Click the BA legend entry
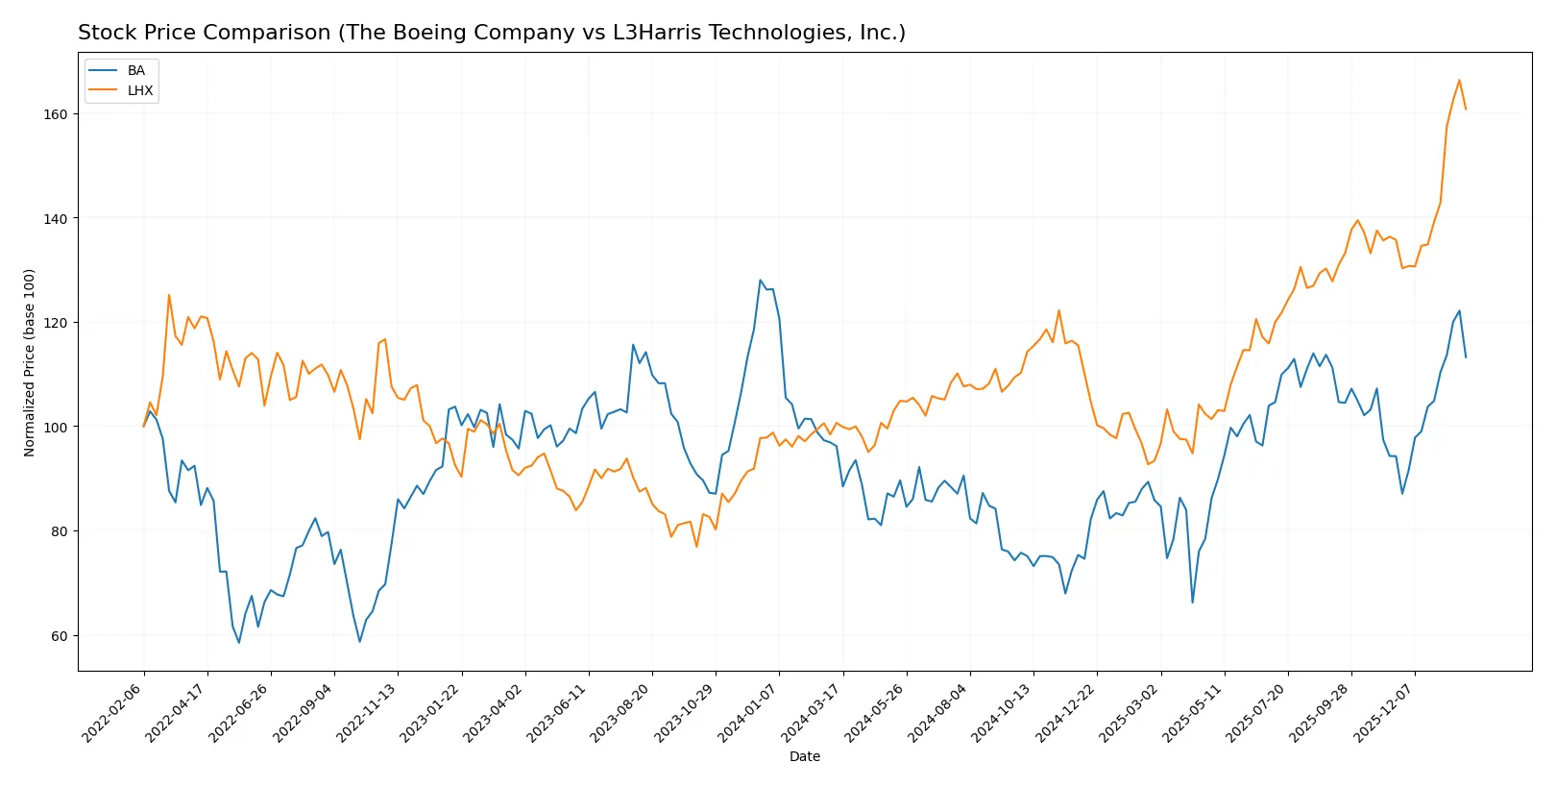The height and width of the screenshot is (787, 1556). pos(135,71)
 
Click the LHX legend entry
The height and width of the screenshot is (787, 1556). pos(139,90)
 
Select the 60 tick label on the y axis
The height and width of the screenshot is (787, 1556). pos(60,636)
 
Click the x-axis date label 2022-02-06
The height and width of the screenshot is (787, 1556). pos(113,712)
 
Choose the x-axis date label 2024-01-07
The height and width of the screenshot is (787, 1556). pos(748,712)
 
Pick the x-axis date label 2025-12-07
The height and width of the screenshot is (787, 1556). pos(1384,712)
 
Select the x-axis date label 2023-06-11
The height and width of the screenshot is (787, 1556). pos(558,712)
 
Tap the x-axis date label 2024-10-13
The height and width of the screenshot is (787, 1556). pos(1003,712)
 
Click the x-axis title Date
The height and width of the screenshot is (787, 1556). pos(804,756)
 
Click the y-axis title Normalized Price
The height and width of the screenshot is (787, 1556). pos(30,362)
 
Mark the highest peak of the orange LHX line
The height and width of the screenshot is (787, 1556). pos(1459,81)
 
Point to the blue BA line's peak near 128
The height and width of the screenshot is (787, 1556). pos(760,281)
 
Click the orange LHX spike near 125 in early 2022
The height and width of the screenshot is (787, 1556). pos(169,295)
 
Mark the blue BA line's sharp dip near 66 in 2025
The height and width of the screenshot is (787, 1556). pos(1192,603)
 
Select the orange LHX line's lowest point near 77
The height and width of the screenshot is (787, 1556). pos(696,547)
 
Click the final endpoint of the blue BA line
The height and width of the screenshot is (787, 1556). pos(1466,357)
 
